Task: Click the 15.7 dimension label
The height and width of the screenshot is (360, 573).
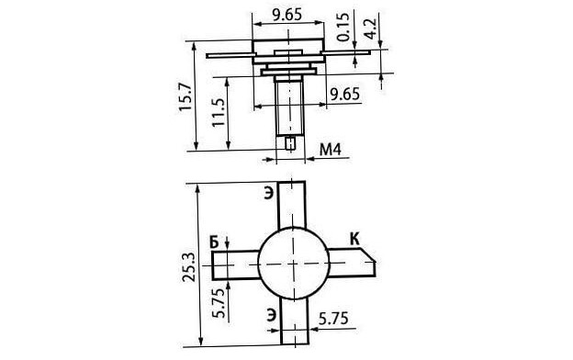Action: click(x=185, y=96)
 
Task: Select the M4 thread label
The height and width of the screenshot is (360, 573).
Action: click(x=331, y=150)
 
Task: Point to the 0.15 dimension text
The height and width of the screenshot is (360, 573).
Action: click(x=343, y=27)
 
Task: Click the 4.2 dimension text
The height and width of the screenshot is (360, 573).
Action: click(x=371, y=28)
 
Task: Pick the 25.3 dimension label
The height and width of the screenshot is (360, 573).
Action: click(x=189, y=267)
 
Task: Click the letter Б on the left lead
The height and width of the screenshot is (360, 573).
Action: click(x=215, y=242)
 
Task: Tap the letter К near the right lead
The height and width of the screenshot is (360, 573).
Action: click(x=354, y=239)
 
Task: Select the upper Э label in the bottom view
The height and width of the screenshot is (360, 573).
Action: click(x=268, y=194)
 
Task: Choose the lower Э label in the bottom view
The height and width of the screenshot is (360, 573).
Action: click(x=271, y=315)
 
